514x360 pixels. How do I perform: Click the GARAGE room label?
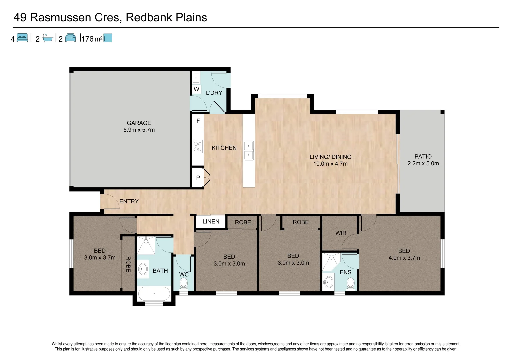pos(139,123)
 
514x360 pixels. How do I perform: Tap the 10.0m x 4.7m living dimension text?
pos(330,164)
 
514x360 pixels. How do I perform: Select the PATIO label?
pos(423,156)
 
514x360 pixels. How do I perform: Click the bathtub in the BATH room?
pos(154,294)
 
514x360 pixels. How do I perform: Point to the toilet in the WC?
pos(183,284)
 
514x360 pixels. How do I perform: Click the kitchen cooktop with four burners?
pos(198,147)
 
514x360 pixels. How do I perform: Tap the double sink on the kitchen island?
pos(248,151)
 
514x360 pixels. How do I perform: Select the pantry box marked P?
pos(198,178)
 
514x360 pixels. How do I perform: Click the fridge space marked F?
pos(198,121)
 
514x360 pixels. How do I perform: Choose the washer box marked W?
pos(196,89)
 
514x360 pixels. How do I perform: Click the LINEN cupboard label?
pos(211,222)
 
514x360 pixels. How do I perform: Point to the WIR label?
pos(341,233)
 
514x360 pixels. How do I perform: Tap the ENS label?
pos(345,272)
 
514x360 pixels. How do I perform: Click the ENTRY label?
pos(129,201)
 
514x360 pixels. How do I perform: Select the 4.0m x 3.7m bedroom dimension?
pos(404,258)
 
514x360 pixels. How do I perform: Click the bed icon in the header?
pos(22,38)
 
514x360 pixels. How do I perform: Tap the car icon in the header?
pos(70,38)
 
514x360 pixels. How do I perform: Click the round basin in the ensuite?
pos(329,282)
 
